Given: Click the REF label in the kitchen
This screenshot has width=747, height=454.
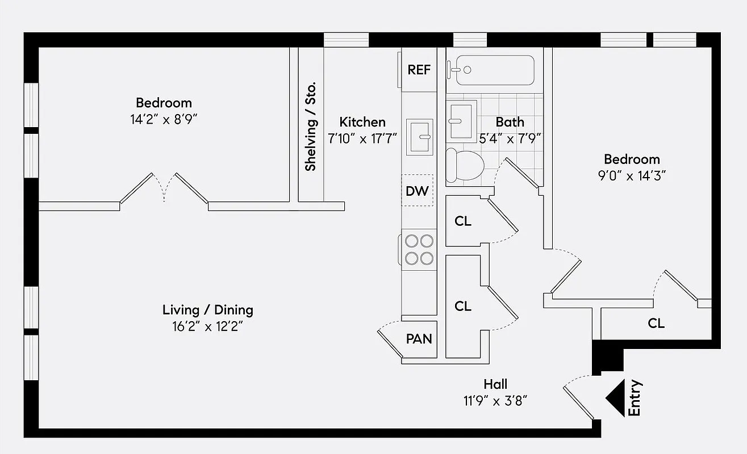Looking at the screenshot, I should [x=419, y=70].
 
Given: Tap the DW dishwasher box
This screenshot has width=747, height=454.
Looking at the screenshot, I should [x=417, y=191].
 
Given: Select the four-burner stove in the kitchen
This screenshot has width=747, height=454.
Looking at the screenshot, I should [x=419, y=250].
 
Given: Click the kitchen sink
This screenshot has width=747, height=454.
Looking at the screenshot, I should [x=420, y=137].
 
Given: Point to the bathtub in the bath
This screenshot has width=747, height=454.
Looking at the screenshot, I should [x=491, y=70].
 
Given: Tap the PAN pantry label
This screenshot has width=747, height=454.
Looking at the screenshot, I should [x=419, y=339].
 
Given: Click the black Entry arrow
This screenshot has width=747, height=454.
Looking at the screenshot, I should [x=615, y=398].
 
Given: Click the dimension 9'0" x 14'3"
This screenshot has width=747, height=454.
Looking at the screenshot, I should [x=632, y=175].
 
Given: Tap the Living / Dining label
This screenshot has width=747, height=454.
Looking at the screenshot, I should [x=207, y=310].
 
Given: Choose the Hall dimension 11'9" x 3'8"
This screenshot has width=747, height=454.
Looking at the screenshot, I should [x=495, y=401].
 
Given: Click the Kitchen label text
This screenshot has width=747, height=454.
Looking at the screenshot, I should [x=362, y=122].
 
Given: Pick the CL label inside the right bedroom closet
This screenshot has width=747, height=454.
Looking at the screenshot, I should [x=656, y=323].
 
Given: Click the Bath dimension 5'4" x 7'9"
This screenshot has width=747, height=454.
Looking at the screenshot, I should [x=510, y=137].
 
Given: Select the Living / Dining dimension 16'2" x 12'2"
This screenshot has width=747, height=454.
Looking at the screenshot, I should [x=207, y=327].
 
